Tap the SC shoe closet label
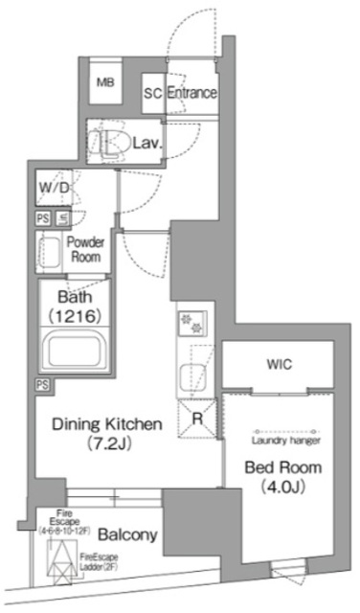click(152, 94)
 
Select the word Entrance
click(191, 94)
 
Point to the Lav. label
click(146, 145)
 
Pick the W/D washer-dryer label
click(55, 187)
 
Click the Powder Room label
click(86, 251)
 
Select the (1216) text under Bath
click(75, 314)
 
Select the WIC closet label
click(280, 365)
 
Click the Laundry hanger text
click(285, 441)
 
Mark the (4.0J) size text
click(284, 488)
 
